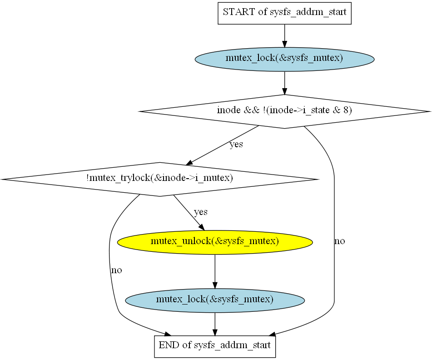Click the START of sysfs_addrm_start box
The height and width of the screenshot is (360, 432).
pos(284,12)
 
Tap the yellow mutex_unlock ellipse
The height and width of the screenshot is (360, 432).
pos(215,241)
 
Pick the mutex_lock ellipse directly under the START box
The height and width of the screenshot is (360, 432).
pos(284,58)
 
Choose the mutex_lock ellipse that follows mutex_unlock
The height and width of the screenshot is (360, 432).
pos(215,300)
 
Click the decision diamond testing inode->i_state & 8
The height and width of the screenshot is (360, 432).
pos(284,111)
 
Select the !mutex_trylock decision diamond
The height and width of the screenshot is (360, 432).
pos(159,179)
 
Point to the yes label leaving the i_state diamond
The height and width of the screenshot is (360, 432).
pos(236,145)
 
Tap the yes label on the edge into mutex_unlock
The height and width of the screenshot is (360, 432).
pos(201,212)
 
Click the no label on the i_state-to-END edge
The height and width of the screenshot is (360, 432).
pos(339,241)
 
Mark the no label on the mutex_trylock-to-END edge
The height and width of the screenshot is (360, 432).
pos(116,270)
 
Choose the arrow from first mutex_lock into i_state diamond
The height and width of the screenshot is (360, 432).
pos(284,83)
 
